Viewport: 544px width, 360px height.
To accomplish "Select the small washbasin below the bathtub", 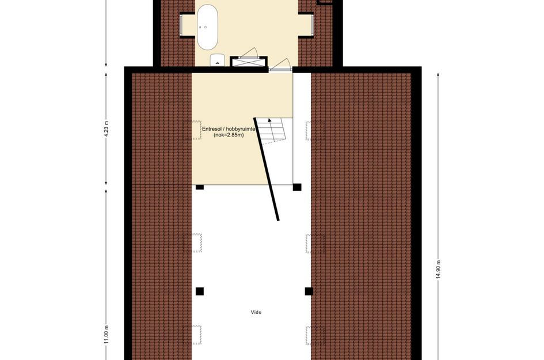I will (x=218, y=59).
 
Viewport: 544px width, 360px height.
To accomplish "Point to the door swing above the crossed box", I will (x=249, y=51).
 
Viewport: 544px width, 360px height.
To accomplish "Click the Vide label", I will (x=256, y=312).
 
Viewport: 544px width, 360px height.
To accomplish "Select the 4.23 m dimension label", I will (x=106, y=130).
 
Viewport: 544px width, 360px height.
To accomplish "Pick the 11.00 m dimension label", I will (x=106, y=334).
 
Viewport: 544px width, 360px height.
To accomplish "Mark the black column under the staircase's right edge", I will (x=296, y=187).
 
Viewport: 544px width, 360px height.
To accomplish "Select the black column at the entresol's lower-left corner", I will (x=199, y=187).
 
